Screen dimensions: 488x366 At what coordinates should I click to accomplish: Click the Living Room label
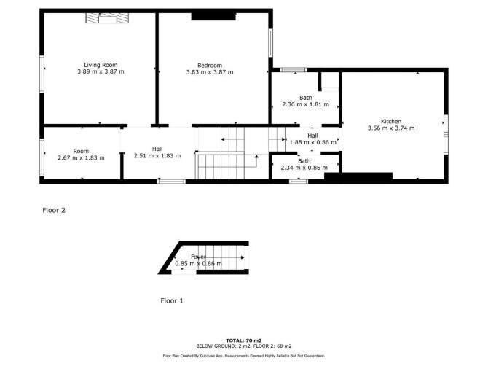pos(101,65)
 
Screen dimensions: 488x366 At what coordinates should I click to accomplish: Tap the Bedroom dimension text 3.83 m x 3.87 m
pos(210,72)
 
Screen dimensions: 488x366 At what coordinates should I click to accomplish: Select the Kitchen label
pos(391,122)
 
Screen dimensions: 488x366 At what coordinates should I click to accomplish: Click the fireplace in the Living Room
pos(107,18)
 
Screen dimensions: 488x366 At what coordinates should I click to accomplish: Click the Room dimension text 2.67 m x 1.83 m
pos(82,158)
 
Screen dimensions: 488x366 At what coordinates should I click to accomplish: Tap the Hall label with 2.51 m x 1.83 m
pos(157,149)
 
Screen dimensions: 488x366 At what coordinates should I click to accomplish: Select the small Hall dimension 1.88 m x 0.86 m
pos(312,142)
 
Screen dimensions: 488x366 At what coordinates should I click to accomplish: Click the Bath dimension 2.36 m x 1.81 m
pos(306,104)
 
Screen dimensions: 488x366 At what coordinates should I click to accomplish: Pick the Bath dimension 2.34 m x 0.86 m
pos(304,168)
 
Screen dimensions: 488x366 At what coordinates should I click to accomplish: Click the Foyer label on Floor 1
pos(198,257)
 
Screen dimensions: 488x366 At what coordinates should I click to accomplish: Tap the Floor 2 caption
pos(54,210)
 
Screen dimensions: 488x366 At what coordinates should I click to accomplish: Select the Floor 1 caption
pos(172,300)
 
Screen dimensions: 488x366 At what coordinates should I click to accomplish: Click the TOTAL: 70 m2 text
pos(244,340)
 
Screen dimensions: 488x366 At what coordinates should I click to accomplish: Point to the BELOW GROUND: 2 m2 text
pos(223,346)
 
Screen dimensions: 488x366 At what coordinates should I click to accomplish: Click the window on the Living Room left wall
pos(42,74)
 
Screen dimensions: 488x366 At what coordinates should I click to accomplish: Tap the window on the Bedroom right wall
pos(271,43)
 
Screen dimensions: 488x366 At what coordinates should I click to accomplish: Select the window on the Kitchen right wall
pos(446,134)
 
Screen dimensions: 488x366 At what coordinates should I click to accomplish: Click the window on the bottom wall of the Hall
pos(171,182)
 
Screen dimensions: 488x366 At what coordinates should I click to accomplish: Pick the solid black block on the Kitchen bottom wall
pos(358,176)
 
